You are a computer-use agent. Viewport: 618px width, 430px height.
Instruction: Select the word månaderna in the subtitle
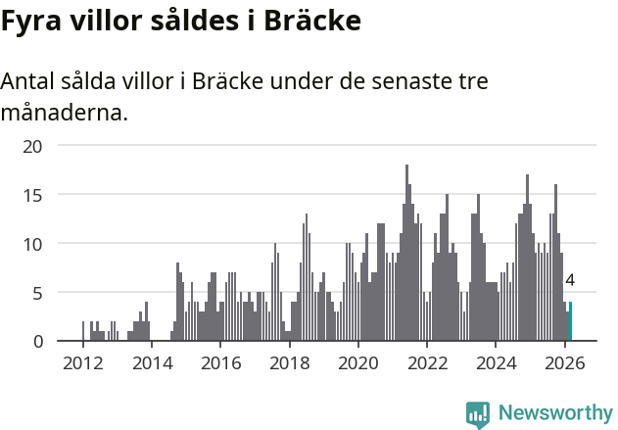[x=64, y=114]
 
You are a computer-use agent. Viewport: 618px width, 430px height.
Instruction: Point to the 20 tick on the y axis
[x=33, y=146]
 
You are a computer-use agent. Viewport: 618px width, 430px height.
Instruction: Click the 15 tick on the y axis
[x=33, y=195]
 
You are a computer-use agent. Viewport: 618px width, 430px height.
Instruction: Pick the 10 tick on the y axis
[x=33, y=244]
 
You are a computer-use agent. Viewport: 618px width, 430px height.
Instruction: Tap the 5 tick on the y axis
[x=37, y=292]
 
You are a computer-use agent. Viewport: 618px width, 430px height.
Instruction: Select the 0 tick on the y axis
[x=37, y=341]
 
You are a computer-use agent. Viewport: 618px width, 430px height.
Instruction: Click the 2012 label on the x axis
[x=82, y=363]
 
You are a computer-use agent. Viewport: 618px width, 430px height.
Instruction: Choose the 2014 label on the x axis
[x=151, y=363]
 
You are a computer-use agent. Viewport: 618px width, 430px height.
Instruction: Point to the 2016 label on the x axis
[x=220, y=363]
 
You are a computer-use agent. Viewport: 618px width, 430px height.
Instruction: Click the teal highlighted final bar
[x=570, y=322]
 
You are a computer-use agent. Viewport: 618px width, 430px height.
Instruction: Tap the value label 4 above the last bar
[x=570, y=280]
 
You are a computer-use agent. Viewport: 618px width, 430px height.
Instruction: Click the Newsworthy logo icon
[x=478, y=414]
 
